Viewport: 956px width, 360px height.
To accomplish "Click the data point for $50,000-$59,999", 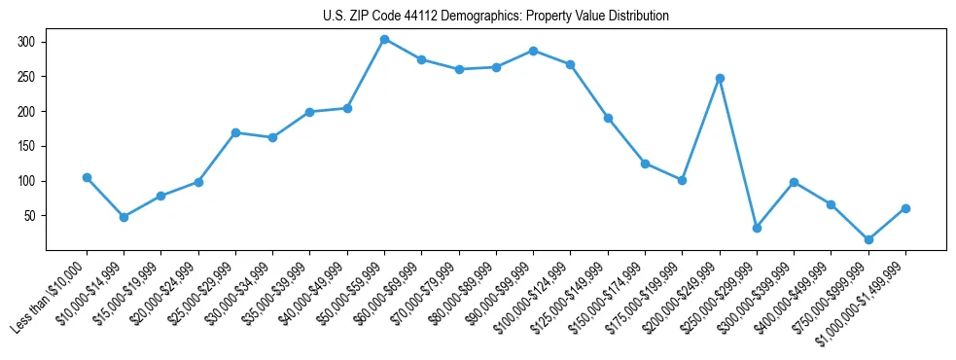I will (384, 40).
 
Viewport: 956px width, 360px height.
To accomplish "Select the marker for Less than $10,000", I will (87, 178).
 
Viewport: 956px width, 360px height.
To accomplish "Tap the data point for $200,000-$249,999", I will (720, 78).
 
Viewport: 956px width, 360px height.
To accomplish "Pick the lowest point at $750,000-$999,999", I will (868, 239).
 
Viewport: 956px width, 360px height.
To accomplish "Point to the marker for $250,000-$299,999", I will (757, 228).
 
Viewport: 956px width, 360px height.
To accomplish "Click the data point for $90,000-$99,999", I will (533, 51).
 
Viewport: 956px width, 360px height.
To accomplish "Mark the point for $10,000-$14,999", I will (124, 217).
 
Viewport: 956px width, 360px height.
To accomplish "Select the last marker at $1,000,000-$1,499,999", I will (905, 208).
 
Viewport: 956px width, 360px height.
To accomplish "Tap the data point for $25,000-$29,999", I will (235, 132).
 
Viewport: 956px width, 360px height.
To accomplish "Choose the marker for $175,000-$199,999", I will (682, 180).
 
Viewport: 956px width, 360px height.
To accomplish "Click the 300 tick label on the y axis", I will (25, 42).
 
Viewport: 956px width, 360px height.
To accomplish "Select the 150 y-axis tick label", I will (25, 146).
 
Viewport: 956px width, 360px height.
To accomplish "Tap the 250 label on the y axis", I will (25, 77).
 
